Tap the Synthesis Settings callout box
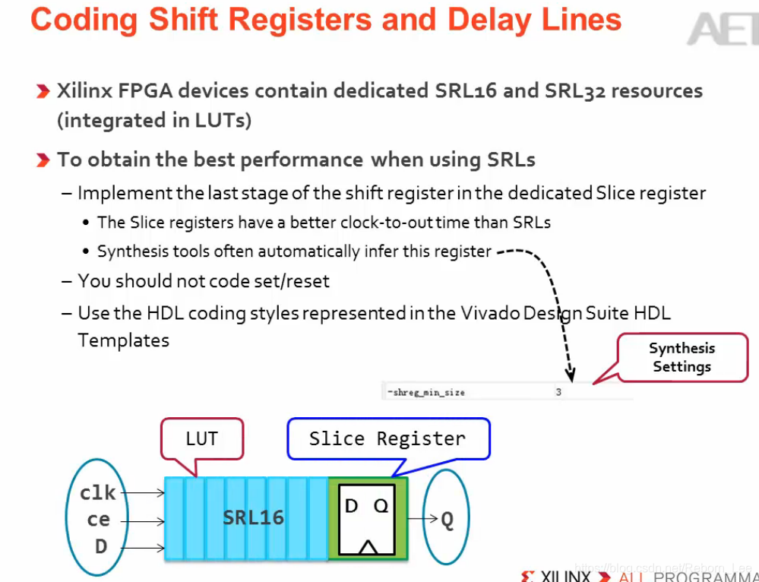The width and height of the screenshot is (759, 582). (682, 357)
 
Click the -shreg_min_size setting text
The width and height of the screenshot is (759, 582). (426, 392)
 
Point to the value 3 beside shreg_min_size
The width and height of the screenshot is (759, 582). (558, 392)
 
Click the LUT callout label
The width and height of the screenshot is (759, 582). (201, 438)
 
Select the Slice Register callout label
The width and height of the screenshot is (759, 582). (387, 439)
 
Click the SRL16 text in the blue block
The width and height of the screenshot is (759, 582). (253, 518)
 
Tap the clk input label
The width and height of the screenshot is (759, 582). (98, 493)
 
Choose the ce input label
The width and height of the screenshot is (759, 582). (98, 520)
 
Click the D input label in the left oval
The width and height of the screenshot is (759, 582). (100, 546)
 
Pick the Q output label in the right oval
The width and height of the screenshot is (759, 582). (447, 520)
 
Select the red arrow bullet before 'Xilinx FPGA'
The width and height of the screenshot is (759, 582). (43, 92)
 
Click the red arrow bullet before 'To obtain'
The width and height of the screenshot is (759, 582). (43, 160)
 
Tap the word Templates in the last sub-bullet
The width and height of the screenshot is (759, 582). (123, 340)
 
